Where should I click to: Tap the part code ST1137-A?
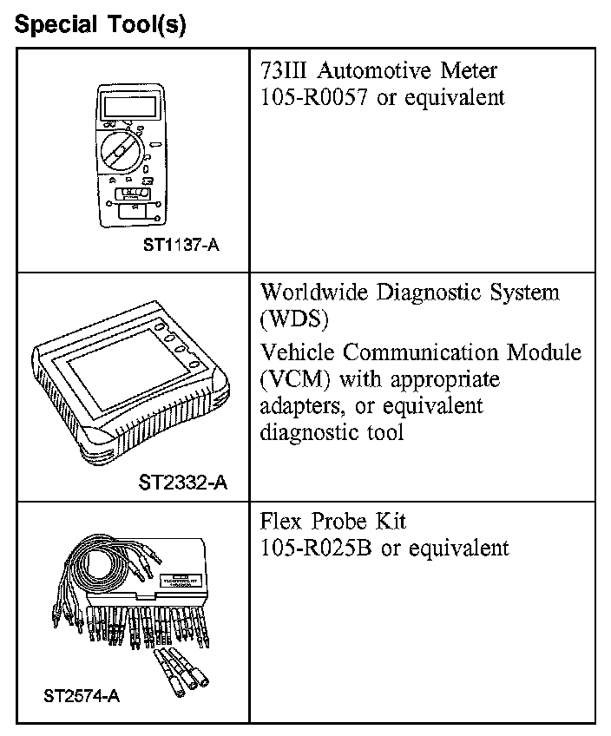click(x=181, y=245)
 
